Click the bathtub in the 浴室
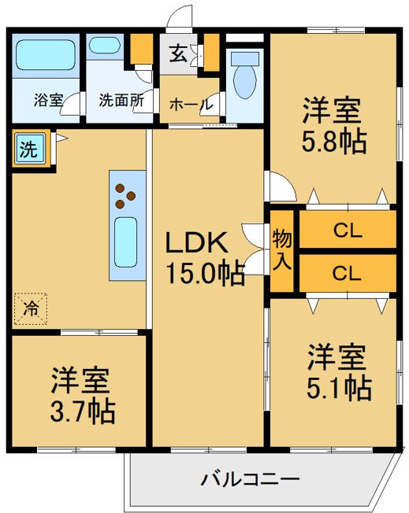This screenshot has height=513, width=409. pos(46,55)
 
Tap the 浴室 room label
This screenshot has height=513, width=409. pos(49,100)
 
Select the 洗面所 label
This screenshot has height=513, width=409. pos(121,100)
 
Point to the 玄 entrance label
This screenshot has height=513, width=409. pos(179,54)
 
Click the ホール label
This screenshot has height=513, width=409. pos(191,105)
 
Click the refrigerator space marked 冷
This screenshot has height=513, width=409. pos(31,309)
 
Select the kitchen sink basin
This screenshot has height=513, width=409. pos(126,242)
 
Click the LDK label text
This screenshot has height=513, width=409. pos(196,242)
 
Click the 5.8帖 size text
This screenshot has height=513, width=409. pos(333,142)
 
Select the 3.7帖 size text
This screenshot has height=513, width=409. pos(83,412)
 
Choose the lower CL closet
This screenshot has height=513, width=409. pos(348,273)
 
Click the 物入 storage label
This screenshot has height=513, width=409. pos(282,249)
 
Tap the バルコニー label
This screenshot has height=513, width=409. pos(251,480)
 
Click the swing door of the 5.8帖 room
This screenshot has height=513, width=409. pos(281,186)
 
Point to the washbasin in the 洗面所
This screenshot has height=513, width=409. pos(105,45)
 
